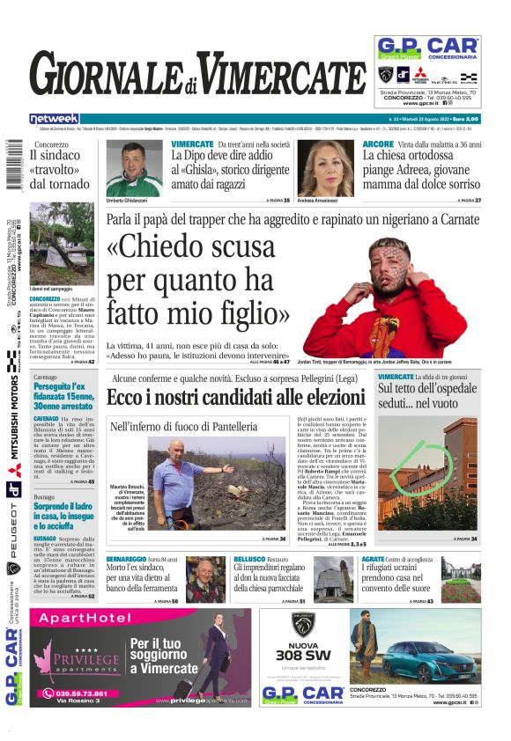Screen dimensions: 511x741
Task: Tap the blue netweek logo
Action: click(54, 119)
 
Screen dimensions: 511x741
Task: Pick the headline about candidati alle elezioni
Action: click(237, 397)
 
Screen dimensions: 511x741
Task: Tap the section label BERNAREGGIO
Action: click(131, 558)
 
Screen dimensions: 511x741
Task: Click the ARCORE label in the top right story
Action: click(378, 143)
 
